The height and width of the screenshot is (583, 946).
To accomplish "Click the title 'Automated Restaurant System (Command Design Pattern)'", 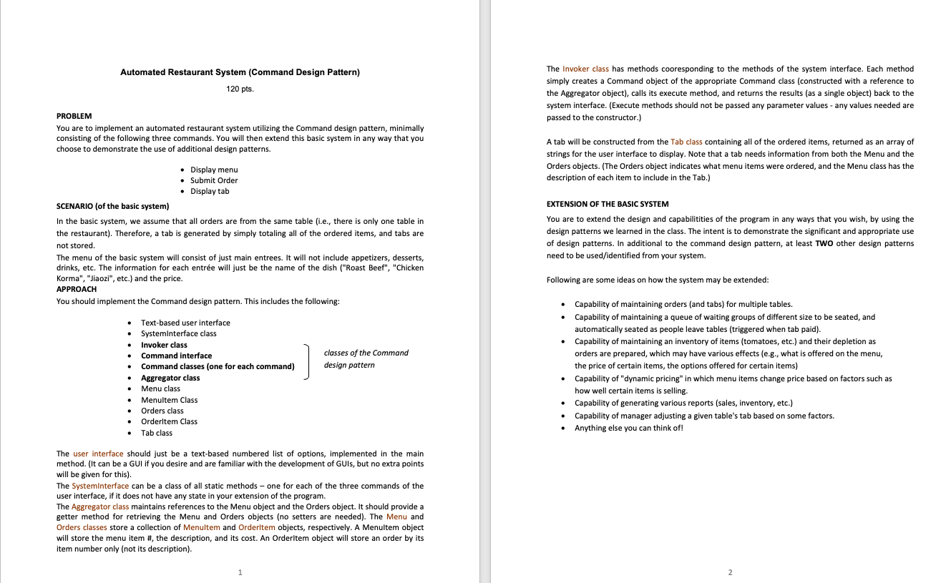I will [x=240, y=72].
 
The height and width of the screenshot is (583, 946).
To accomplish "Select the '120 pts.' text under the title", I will [x=240, y=89].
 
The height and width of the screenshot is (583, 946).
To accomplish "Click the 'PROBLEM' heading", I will [x=74, y=116].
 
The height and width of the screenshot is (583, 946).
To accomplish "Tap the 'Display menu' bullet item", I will [x=214, y=170].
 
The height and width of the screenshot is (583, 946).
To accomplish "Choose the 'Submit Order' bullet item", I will [x=214, y=180].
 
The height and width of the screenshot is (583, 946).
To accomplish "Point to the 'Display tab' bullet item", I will [x=210, y=191].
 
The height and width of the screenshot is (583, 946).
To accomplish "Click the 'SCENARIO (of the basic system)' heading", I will [x=112, y=206].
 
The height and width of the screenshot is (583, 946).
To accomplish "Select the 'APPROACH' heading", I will [x=77, y=289].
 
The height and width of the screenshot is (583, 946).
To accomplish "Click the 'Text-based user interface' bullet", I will [x=185, y=323].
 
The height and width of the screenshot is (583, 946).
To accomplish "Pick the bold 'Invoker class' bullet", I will [x=164, y=345].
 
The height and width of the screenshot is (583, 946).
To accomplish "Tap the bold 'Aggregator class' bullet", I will [x=170, y=378].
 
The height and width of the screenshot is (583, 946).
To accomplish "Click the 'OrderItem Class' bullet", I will [x=169, y=421].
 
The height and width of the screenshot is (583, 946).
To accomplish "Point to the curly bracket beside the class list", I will [x=308, y=361].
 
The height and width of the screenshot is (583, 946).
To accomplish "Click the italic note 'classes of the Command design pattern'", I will [x=366, y=358].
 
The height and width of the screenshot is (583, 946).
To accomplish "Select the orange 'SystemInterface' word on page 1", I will [x=100, y=486].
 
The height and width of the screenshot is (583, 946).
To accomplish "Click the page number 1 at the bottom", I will [x=240, y=572].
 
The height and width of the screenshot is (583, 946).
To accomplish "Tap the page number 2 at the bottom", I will [x=730, y=572].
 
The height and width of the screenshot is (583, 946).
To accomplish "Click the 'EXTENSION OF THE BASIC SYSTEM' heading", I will [x=608, y=205].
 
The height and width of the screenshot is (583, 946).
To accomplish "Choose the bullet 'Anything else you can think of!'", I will [x=628, y=428].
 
